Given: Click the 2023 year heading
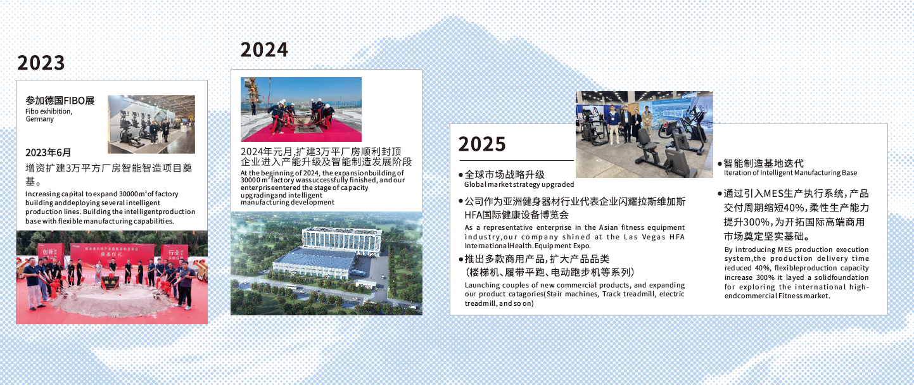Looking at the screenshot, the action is point(41,63).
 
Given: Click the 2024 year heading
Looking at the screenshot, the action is point(264,50).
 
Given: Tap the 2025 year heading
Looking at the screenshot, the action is point(482,144).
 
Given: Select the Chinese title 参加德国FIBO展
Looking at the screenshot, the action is point(60,100).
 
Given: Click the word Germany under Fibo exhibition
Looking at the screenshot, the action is point(39,119).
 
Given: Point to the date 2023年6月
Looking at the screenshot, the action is point(48,153).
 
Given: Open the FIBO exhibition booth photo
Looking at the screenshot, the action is point(151,124).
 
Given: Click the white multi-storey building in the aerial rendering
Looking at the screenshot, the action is point(341,241).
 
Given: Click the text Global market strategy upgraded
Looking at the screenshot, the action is point(519,184).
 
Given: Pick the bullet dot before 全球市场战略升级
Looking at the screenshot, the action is point(460,175).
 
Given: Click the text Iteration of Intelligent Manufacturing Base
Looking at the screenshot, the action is point(790,173).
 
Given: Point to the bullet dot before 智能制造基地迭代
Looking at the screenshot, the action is point(720,164).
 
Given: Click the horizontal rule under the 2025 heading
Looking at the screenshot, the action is point(517,161).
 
